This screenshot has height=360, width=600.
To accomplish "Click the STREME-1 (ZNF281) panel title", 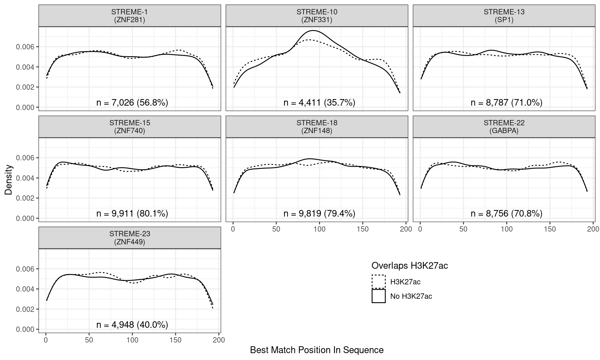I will click(129, 16).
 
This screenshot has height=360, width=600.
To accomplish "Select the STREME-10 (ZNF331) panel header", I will click(317, 16).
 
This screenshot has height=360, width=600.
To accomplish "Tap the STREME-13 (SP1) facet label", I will click(504, 16).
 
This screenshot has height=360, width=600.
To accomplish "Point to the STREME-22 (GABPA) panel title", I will click(504, 127).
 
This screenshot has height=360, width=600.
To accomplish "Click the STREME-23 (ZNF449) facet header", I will click(129, 238).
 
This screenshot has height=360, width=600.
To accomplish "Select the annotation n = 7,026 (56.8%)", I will click(132, 102).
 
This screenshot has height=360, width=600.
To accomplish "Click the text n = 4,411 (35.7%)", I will click(319, 102).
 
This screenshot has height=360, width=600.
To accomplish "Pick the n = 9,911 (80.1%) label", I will click(132, 213).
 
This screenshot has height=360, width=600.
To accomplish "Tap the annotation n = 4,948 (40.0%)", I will click(132, 325).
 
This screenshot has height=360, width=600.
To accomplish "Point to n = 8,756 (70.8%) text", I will click(506, 213).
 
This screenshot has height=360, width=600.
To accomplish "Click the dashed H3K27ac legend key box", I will click(378, 282).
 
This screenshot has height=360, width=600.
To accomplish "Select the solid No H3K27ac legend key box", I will click(378, 296).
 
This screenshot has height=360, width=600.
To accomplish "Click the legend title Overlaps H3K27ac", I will click(409, 266).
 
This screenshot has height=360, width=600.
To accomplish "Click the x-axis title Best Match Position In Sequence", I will click(317, 350).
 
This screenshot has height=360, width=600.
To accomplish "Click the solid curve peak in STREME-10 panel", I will click(313, 30).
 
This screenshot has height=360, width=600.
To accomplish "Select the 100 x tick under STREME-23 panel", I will click(132, 340).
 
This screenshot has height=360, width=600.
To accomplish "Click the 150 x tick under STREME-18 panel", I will click(362, 229).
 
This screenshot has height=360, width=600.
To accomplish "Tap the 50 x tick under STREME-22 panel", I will click(463, 229).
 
